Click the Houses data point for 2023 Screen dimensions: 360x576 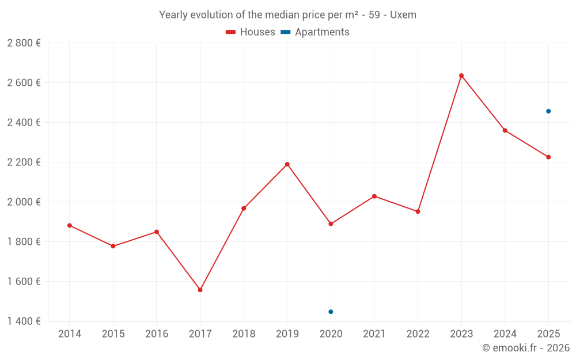pos(461,75)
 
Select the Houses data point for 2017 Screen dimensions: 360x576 pos(200,290)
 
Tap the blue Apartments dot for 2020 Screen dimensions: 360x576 pos(331,312)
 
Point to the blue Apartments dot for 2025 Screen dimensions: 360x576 pos(548,111)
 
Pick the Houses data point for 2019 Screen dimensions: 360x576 pos(287,164)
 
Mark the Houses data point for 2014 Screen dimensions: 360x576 pos(70,225)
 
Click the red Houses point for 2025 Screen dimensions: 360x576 pos(548,157)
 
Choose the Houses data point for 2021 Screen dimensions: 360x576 pos(374,196)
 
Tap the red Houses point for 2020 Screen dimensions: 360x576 pos(331,224)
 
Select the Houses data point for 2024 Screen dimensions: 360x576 pos(505,130)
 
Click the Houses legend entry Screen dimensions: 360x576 pos(251,32)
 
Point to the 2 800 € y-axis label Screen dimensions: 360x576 pos(24,43)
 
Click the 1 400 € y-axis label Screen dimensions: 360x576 pos(24,321)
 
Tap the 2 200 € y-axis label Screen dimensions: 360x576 pos(24,162)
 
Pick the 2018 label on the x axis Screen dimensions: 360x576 pos(244,334)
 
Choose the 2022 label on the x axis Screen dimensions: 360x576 pos(418,334)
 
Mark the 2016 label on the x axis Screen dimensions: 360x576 pos(157,334)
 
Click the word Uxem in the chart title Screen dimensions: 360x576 pos(403,15)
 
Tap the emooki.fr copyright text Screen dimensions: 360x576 pos(526,348)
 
